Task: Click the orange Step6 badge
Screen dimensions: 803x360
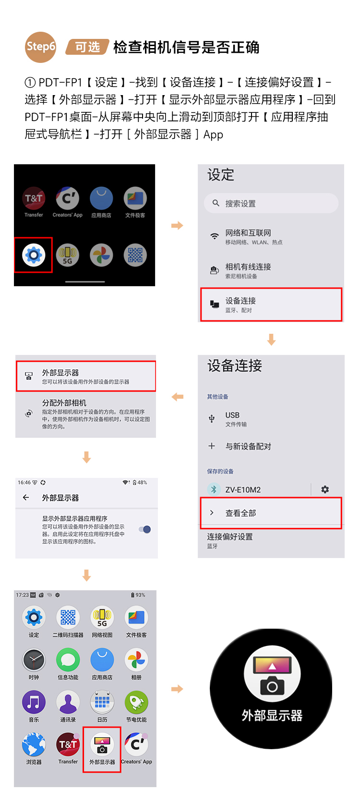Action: [x=41, y=47]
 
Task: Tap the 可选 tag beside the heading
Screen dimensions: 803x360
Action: [x=87, y=47]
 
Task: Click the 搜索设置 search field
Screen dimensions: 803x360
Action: [x=271, y=204]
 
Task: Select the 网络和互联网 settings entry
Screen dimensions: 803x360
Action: [x=248, y=236]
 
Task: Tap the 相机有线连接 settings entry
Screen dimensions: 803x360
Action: [x=248, y=270]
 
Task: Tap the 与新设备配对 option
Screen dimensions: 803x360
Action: [x=248, y=446]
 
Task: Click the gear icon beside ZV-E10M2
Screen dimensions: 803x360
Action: [x=325, y=489]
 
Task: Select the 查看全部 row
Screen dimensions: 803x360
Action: [x=240, y=513]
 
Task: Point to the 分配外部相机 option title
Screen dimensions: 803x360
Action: [x=64, y=403]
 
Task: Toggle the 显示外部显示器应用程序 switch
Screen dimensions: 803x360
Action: [x=145, y=529]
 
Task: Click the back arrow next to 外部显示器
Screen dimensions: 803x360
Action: [x=26, y=498]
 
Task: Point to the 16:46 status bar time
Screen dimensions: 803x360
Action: [x=24, y=482]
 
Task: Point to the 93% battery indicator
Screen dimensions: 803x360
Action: [x=138, y=595]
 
